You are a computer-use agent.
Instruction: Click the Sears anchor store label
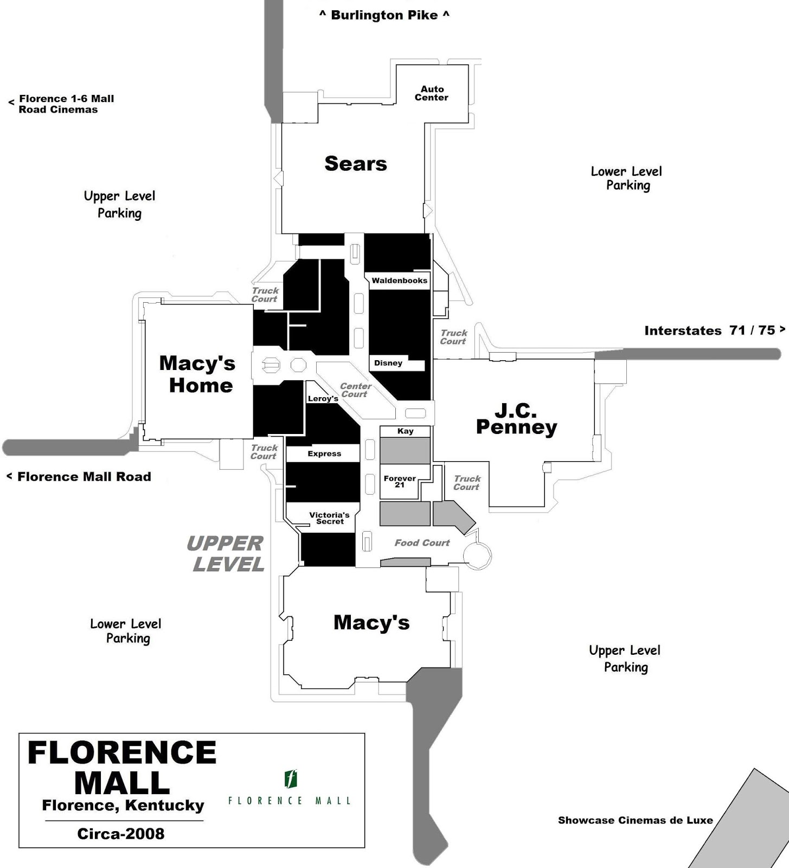[356, 163]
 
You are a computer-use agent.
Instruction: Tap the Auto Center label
[432, 93]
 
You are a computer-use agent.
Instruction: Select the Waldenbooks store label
[399, 280]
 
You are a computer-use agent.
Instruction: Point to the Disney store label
[388, 363]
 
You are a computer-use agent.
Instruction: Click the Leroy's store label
[323, 398]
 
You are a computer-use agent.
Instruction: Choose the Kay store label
[405, 431]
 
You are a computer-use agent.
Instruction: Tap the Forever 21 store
[400, 481]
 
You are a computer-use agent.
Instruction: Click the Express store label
[324, 454]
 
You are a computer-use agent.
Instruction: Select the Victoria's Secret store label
[329, 518]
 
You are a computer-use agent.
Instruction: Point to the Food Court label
[422, 542]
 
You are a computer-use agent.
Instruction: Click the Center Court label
[355, 390]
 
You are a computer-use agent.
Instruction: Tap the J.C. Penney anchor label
[516, 419]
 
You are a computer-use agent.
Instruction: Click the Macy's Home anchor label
[198, 374]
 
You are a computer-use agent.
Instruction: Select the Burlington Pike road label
[384, 15]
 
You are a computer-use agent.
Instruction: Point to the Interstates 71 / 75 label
[710, 330]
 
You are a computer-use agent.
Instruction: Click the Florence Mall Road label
[84, 477]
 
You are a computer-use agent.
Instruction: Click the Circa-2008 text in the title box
[120, 834]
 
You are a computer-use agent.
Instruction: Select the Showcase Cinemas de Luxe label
[636, 820]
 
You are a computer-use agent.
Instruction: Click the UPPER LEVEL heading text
[227, 554]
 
